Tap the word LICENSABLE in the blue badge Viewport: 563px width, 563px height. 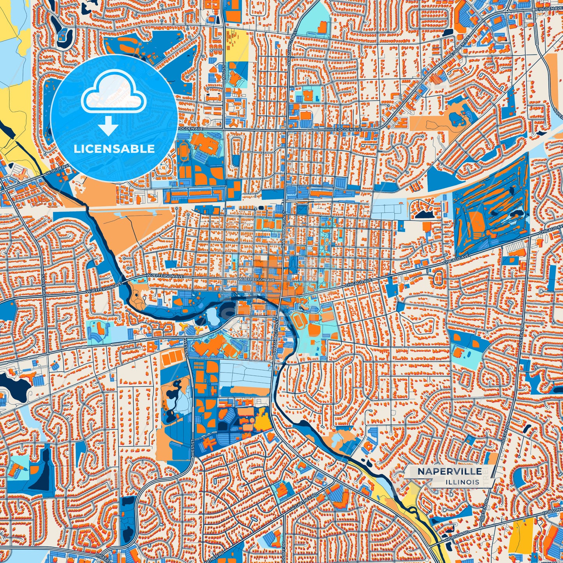coord(114,149)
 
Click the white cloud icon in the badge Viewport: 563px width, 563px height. coord(113,94)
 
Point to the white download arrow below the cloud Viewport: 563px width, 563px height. coord(108,125)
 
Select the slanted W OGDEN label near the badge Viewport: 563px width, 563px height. coord(58,170)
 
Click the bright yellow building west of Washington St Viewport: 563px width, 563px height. coord(263,419)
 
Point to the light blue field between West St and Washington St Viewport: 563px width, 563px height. coord(245,372)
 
